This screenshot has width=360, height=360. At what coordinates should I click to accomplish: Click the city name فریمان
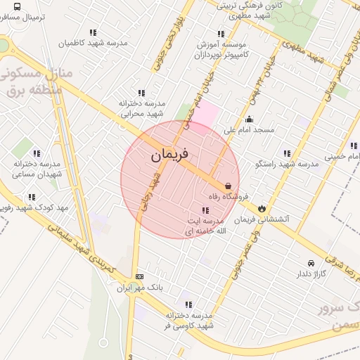(x=169, y=154)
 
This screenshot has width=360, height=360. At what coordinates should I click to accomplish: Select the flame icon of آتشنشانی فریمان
(x=262, y=208)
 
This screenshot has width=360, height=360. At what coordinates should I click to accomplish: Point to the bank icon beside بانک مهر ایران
(x=139, y=277)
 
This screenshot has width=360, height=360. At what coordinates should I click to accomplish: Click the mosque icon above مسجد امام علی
(x=248, y=120)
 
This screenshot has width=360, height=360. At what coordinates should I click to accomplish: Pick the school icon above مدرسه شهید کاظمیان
(x=93, y=32)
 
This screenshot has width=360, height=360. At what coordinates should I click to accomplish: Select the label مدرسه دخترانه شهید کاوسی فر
(x=190, y=321)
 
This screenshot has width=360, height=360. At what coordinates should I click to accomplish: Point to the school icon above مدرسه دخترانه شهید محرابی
(x=141, y=93)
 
